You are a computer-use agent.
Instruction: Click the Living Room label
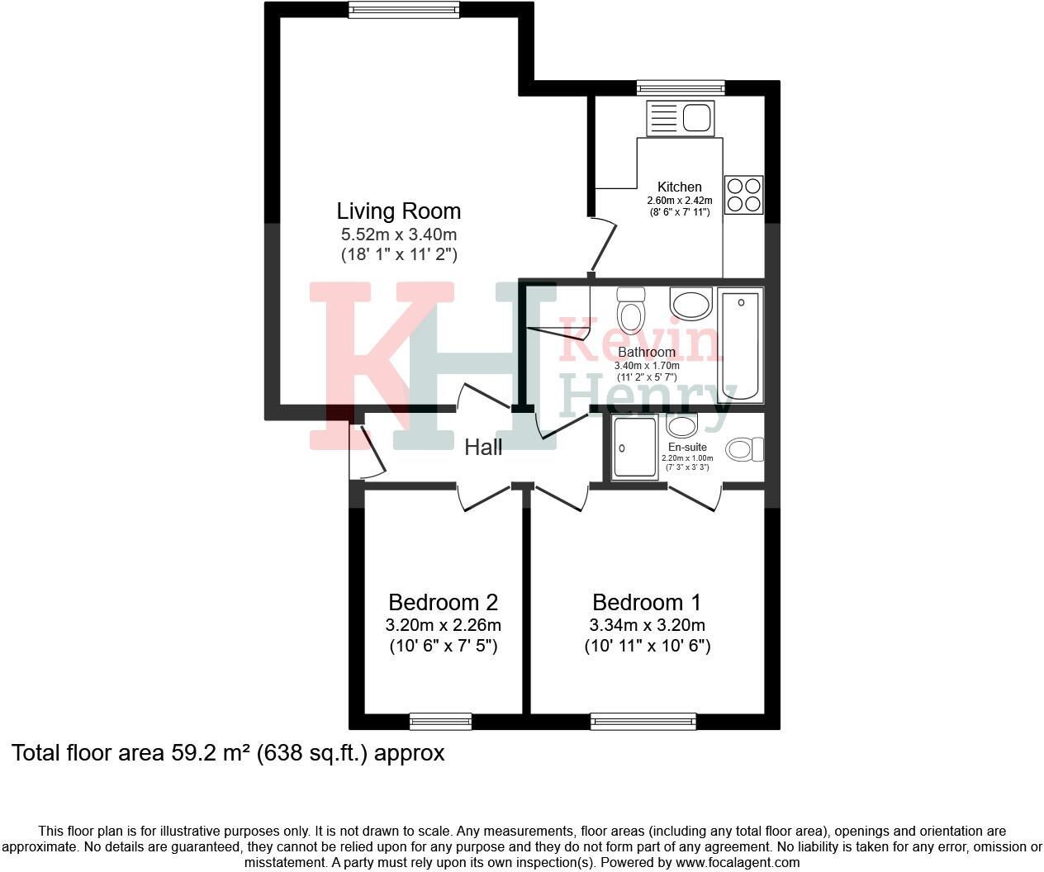click(398, 211)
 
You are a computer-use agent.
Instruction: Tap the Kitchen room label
click(679, 187)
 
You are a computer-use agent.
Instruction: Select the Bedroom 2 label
click(443, 602)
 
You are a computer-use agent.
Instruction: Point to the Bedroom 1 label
click(647, 602)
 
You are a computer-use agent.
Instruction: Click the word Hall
click(483, 448)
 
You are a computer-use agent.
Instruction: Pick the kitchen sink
click(680, 117)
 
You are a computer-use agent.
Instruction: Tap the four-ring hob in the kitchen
click(743, 195)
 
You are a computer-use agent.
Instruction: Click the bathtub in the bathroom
click(740, 345)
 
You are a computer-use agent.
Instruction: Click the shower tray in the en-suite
click(634, 448)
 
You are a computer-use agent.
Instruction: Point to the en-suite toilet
click(745, 449)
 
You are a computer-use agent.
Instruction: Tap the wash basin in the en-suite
click(682, 425)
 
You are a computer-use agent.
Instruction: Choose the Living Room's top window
click(403, 10)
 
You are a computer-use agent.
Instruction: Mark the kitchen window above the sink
click(680, 88)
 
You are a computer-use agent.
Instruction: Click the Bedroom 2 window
click(440, 722)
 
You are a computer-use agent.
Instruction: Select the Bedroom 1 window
click(643, 722)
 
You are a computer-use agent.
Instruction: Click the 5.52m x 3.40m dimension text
click(398, 235)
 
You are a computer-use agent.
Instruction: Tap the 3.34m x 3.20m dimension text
click(647, 625)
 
